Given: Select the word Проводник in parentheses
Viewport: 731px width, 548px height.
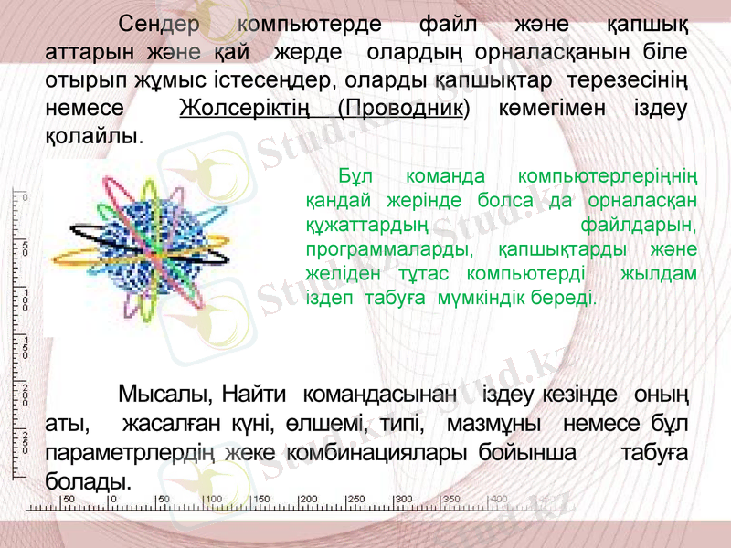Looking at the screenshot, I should click(402, 108).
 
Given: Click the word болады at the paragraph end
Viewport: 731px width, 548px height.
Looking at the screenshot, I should click(87, 480).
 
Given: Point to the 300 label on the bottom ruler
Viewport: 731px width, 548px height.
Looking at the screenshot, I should click(403, 500).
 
